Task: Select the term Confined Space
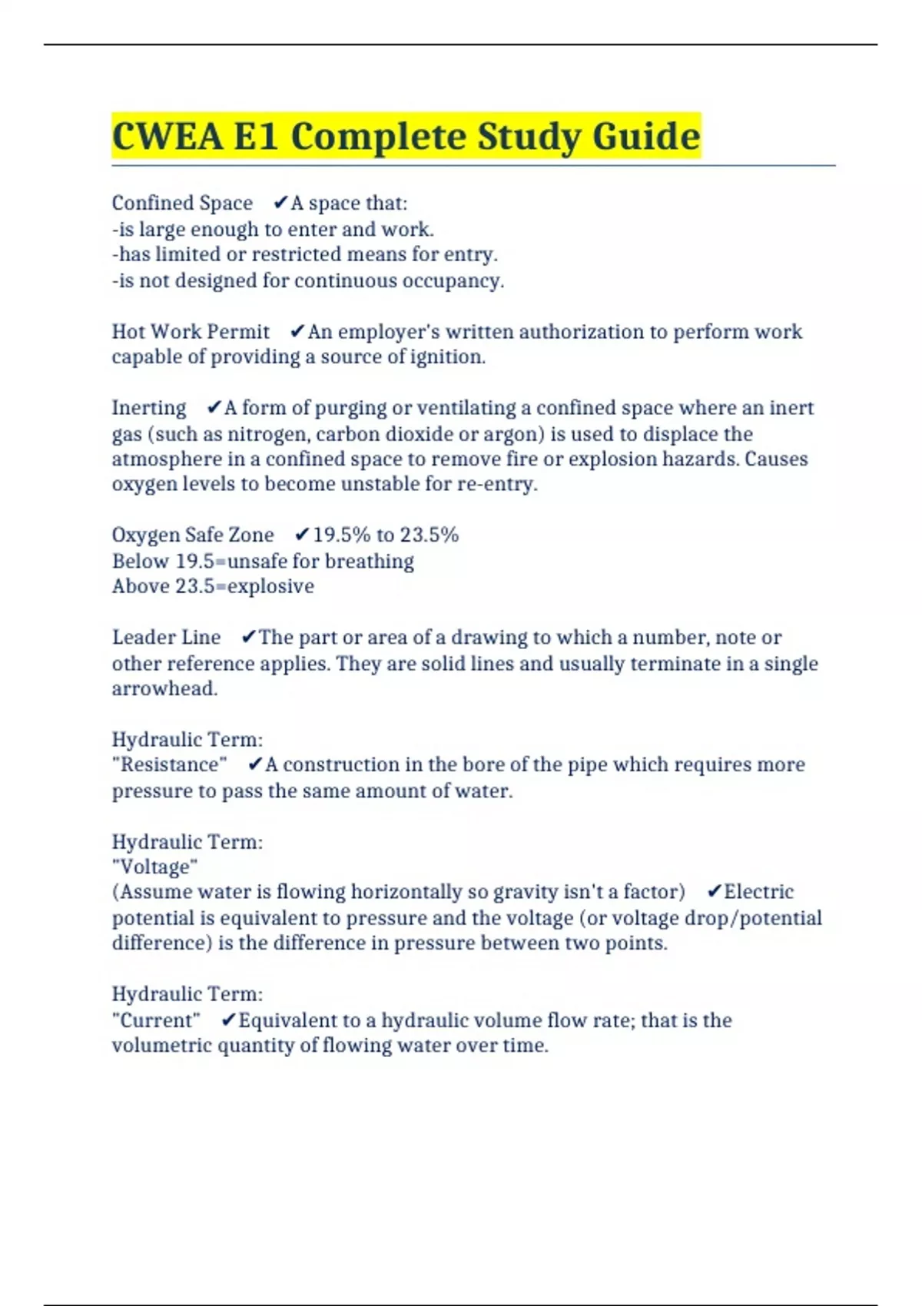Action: click(x=182, y=203)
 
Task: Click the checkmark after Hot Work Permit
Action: click(x=297, y=331)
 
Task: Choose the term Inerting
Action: click(x=149, y=407)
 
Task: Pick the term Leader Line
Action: click(x=166, y=637)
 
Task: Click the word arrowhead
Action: click(x=164, y=688)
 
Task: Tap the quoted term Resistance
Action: click(x=170, y=764)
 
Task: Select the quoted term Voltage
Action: click(x=155, y=867)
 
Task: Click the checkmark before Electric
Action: click(x=714, y=891)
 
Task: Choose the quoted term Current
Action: click(x=156, y=1020)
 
